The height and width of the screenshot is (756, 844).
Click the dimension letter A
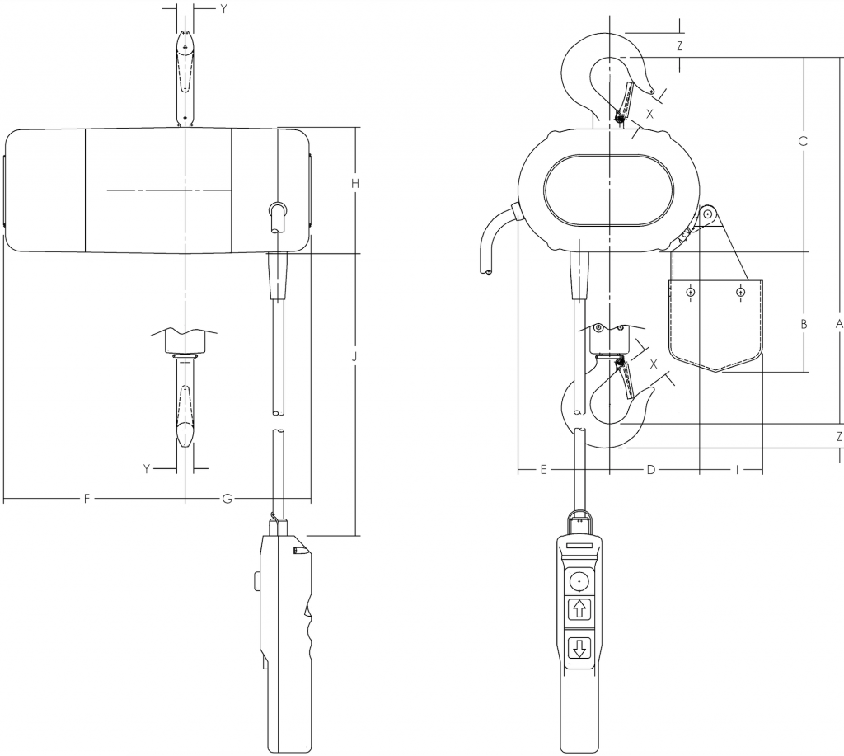click(x=838, y=324)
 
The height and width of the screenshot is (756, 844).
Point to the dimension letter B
click(x=804, y=324)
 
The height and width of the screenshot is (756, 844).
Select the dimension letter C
click(x=803, y=141)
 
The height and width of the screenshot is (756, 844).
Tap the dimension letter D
click(x=651, y=470)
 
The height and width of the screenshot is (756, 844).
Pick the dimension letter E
click(x=543, y=470)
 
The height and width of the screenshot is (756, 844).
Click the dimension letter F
click(x=87, y=499)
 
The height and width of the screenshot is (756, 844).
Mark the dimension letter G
click(x=227, y=499)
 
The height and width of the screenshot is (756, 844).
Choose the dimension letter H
click(x=354, y=184)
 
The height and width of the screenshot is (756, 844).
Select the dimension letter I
click(x=737, y=470)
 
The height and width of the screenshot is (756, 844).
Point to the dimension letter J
click(x=354, y=357)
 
